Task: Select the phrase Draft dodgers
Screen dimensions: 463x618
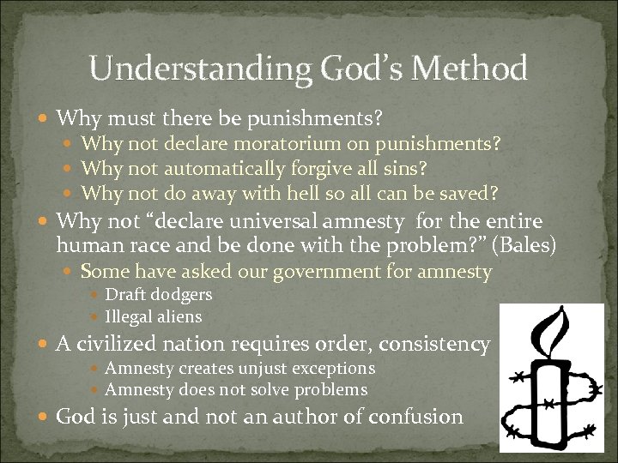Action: coord(158,295)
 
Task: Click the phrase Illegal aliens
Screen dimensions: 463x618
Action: coord(153,316)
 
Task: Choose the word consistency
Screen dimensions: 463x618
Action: coord(437,345)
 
